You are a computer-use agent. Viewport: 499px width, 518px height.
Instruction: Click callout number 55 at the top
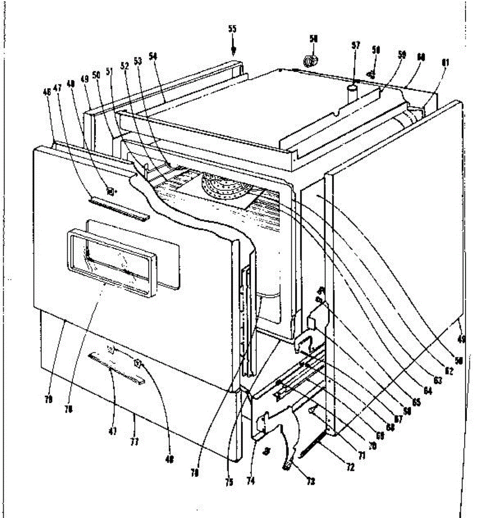point(233,29)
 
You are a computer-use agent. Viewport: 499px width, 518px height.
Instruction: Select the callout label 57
point(355,46)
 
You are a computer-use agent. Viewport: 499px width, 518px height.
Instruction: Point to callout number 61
point(445,63)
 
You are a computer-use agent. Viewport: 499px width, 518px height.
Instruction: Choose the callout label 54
point(153,56)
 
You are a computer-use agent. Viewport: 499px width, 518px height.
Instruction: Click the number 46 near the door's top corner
point(47,92)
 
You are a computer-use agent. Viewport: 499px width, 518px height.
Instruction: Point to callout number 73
point(310,481)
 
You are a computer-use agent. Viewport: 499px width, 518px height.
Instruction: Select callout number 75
point(229,482)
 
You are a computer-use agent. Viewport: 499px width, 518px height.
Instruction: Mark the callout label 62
point(449,370)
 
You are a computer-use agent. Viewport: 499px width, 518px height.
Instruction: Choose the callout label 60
point(421,57)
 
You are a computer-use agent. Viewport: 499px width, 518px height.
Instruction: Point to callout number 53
point(138,61)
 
